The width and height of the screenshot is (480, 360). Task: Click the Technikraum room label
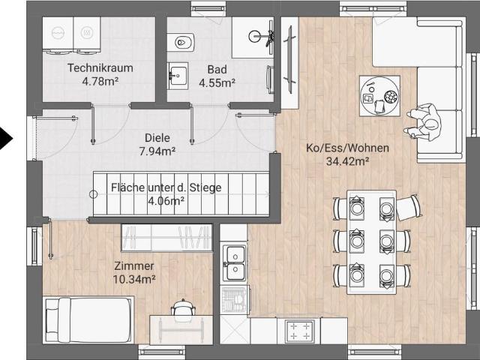(100, 68)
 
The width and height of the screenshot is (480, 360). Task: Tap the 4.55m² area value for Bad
(217, 82)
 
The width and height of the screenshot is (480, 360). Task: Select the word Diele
(157, 138)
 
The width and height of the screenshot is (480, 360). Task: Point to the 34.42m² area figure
(347, 161)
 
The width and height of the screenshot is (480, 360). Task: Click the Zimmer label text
(134, 265)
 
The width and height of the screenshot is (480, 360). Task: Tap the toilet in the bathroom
(181, 42)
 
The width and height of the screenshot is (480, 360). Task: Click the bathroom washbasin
(178, 76)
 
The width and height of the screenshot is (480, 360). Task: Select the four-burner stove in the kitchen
(300, 331)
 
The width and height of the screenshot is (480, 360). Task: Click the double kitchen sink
(235, 262)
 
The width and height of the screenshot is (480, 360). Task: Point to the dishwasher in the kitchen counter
(235, 299)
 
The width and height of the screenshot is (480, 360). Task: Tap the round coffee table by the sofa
(379, 95)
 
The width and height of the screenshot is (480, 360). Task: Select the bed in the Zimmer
(88, 319)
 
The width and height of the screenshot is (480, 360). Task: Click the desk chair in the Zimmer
(183, 307)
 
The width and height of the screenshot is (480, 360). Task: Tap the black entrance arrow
(5, 139)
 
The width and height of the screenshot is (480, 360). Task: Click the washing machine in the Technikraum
(58, 34)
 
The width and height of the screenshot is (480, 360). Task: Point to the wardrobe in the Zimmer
(166, 238)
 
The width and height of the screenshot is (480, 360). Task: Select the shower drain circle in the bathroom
(254, 37)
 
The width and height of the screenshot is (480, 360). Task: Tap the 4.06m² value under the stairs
(166, 201)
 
